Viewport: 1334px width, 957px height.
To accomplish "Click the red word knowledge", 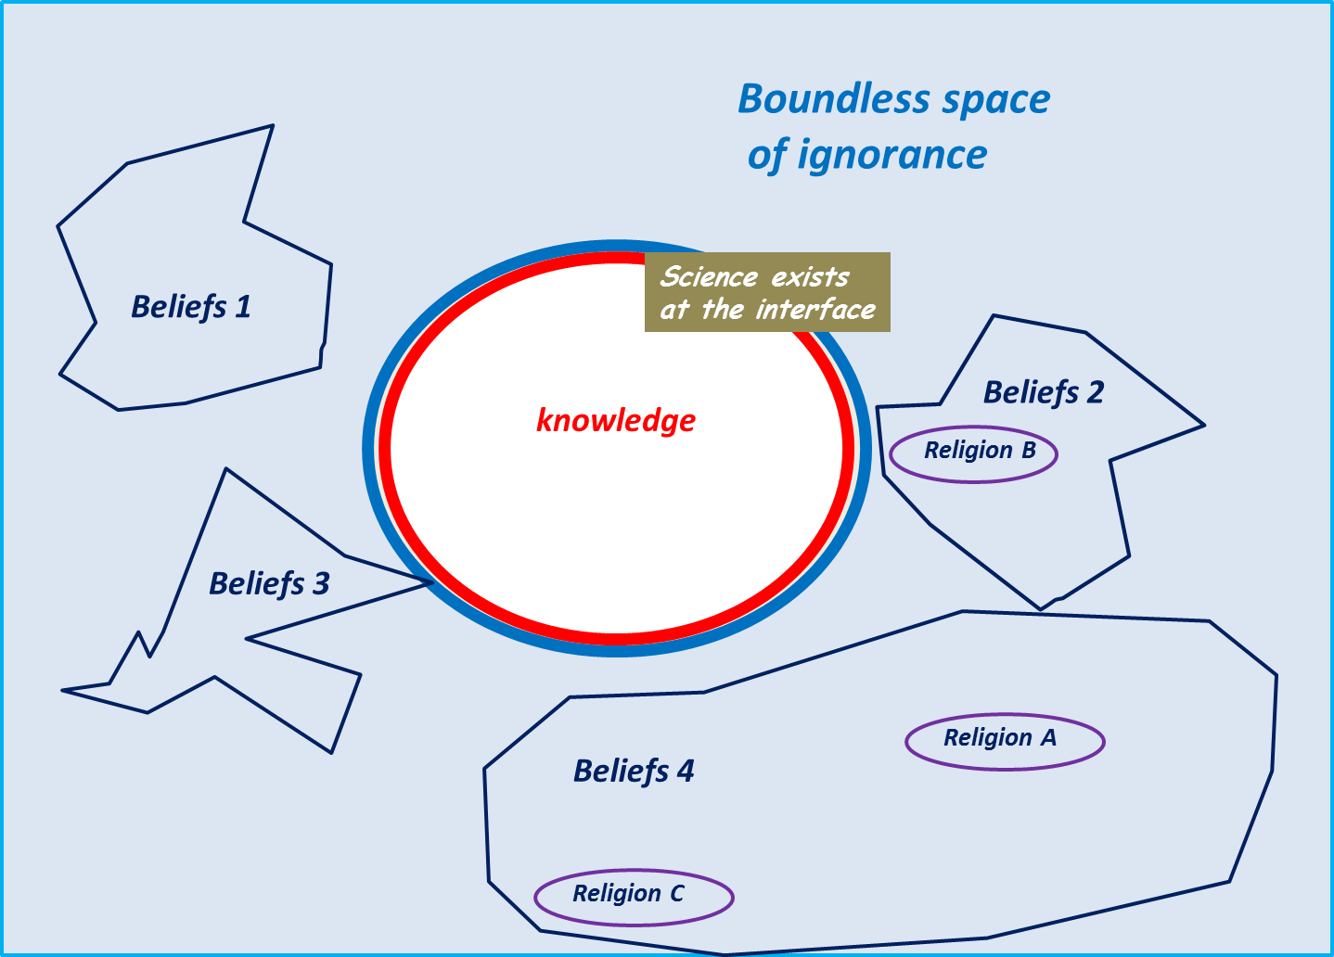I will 616,421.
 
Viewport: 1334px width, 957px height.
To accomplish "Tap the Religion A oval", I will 1005,741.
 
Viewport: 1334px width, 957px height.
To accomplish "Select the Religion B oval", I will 973,453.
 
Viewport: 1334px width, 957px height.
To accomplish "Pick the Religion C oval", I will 634,897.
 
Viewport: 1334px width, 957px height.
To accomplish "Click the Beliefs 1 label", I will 191,307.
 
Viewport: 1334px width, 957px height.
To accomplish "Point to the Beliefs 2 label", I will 1044,392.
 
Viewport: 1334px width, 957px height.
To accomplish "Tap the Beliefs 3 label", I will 269,584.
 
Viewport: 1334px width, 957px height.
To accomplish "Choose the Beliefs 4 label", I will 634,772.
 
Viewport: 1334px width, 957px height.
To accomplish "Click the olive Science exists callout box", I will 767,292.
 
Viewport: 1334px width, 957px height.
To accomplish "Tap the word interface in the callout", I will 815,310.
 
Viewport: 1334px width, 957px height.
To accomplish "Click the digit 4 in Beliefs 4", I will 686,772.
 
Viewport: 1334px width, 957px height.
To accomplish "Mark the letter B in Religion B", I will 1028,451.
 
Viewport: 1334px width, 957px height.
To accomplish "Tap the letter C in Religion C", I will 677,893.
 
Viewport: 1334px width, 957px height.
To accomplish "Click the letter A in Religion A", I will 1048,738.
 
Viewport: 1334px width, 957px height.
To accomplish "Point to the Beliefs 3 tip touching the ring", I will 429,582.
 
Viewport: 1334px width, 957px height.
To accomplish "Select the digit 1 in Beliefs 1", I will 243,307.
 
